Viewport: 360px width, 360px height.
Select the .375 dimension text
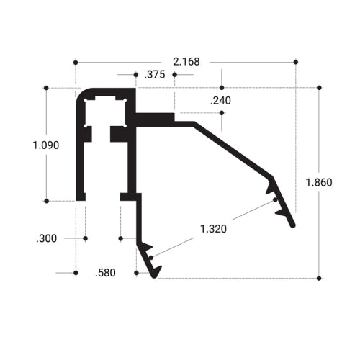[x=153, y=74]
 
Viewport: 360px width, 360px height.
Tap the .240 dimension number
[x=221, y=101]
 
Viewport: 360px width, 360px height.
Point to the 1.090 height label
[x=46, y=145]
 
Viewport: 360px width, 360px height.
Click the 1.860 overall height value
[x=318, y=182]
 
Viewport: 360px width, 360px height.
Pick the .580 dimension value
[x=106, y=273]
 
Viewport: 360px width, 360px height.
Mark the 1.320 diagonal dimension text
[x=214, y=230]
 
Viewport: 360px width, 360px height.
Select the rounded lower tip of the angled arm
[x=293, y=225]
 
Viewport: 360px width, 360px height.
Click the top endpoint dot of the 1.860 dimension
[x=318, y=88]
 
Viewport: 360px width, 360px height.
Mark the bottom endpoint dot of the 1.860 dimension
[x=318, y=277]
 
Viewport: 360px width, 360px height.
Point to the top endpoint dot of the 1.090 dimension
[x=46, y=88]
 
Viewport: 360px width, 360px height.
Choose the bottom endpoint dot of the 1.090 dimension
[x=46, y=200]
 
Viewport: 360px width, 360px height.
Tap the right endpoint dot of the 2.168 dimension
[x=295, y=63]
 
